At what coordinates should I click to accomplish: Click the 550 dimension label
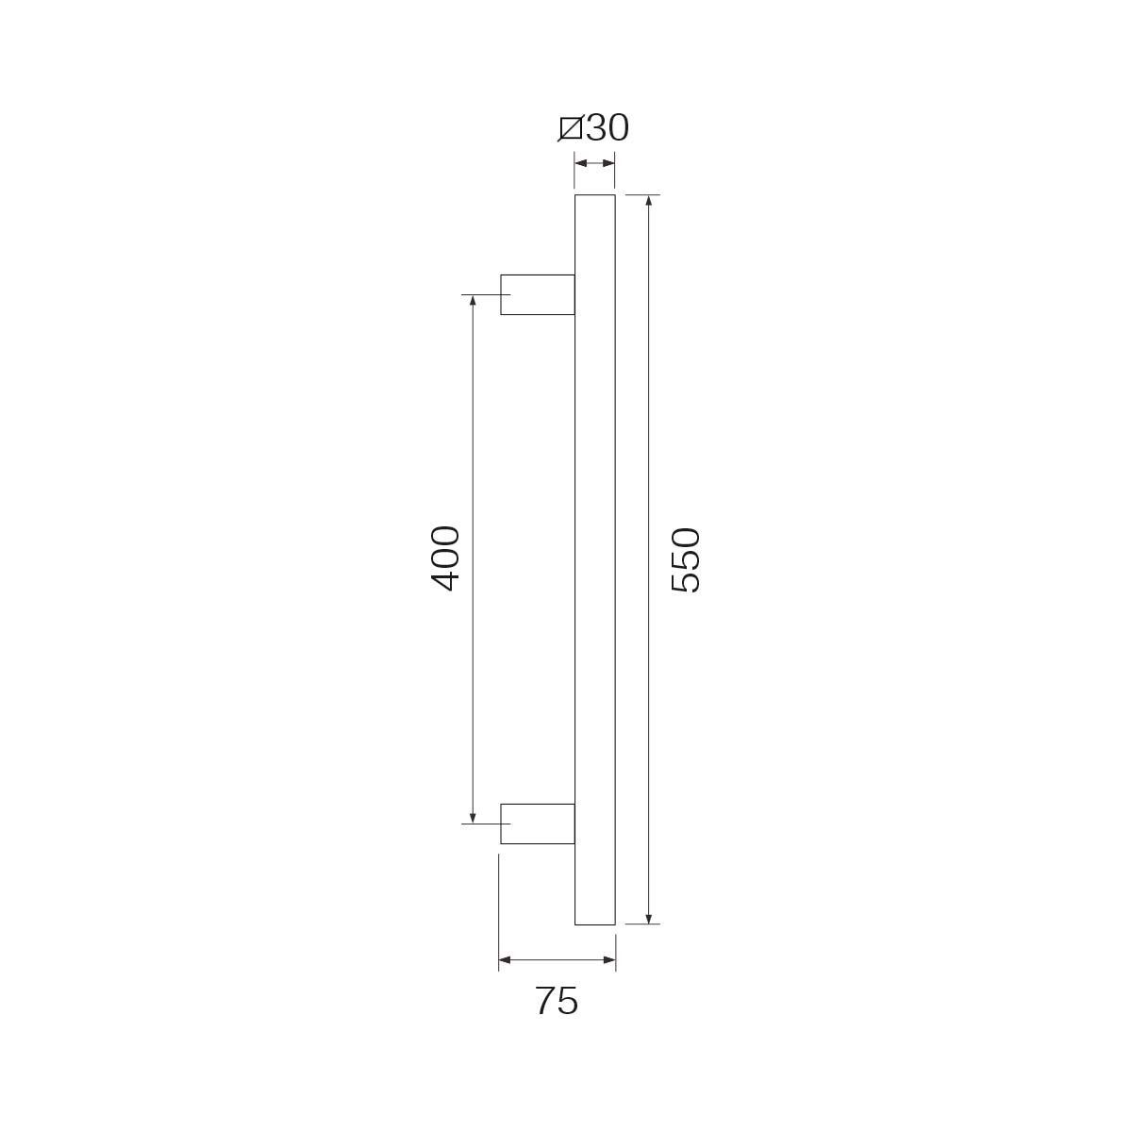[686, 559]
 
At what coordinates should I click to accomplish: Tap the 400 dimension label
[445, 558]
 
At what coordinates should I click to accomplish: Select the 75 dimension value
[557, 1001]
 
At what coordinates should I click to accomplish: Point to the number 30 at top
[608, 127]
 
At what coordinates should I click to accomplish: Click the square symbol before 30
[570, 128]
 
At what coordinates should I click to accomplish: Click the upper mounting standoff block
[537, 295]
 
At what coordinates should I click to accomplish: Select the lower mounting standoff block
[537, 824]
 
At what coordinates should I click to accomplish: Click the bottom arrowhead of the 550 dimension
[648, 918]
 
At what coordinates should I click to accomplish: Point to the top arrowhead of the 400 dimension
[473, 301]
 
